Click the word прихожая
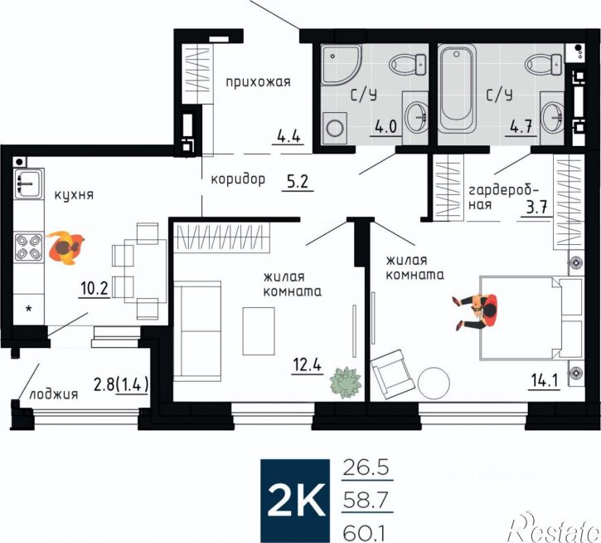258,82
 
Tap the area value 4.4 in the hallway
288,137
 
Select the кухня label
74,194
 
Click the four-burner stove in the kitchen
28,247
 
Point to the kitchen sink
29,183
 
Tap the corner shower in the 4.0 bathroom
341,64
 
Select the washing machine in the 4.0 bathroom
335,128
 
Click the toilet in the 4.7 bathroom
545,64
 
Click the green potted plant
346,382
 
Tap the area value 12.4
307,364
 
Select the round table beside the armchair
434,382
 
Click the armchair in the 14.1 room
393,371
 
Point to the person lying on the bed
475,311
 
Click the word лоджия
53,394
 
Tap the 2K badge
295,501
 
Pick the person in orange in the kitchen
65,247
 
